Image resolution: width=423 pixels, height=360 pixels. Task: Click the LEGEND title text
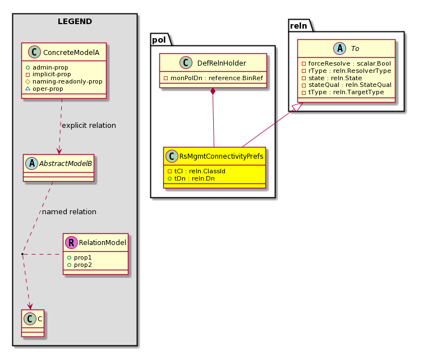click(75, 21)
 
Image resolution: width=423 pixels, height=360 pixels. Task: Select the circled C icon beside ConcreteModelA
click(35, 52)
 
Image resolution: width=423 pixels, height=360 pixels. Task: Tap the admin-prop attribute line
click(47, 67)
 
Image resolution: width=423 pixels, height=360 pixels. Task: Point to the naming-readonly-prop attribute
click(64, 81)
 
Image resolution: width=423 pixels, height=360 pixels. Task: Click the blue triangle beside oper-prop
click(27, 89)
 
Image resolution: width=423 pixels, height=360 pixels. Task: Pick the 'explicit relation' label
click(89, 126)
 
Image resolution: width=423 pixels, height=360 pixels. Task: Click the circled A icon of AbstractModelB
click(32, 163)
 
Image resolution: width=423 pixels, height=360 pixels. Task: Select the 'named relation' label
click(69, 212)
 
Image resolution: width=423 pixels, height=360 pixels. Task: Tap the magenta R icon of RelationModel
click(71, 242)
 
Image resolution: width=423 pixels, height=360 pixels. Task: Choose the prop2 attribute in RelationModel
click(80, 265)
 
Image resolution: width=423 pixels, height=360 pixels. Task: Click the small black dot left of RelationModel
click(22, 254)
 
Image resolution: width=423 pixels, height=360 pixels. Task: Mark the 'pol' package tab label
click(159, 40)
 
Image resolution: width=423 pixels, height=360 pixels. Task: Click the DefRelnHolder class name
click(222, 63)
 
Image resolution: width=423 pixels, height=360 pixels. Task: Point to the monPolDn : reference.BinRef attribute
click(213, 78)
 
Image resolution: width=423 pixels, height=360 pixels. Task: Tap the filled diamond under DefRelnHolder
click(213, 91)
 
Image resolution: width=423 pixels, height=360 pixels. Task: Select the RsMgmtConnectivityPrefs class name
click(221, 156)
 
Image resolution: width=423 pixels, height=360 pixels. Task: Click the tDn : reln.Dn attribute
click(191, 178)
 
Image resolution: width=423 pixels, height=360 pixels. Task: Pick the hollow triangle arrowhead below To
click(298, 107)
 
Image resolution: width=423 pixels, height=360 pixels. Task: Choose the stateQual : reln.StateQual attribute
click(347, 85)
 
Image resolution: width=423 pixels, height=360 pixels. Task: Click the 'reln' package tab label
click(298, 26)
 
